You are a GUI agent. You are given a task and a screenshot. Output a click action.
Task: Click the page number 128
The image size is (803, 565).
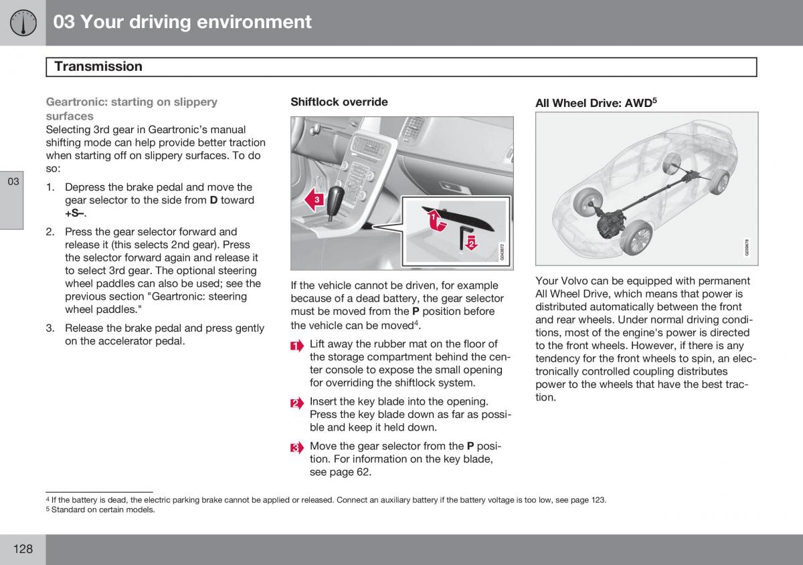click(23, 549)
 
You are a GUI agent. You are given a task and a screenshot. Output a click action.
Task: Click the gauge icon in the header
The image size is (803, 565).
click(23, 23)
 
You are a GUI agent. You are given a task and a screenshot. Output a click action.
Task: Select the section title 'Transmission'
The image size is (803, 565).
click(98, 67)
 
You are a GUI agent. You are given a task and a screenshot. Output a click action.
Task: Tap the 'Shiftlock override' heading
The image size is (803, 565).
click(339, 102)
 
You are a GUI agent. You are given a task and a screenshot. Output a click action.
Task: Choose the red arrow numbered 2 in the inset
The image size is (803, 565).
click(471, 243)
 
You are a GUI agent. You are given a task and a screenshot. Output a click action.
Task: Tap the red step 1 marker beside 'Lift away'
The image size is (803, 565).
click(297, 346)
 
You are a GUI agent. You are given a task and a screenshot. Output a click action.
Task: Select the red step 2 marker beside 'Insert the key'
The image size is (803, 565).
click(297, 403)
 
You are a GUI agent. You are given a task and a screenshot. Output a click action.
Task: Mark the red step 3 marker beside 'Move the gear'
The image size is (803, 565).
click(297, 448)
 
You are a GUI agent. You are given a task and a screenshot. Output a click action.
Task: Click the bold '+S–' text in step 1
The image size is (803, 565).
click(76, 213)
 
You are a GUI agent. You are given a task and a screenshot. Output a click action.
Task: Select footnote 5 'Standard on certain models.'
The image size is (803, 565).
click(100, 510)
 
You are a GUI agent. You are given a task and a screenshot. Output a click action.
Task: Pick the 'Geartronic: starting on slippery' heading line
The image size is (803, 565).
click(131, 102)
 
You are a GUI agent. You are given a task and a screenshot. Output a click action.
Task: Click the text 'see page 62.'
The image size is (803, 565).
click(340, 472)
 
